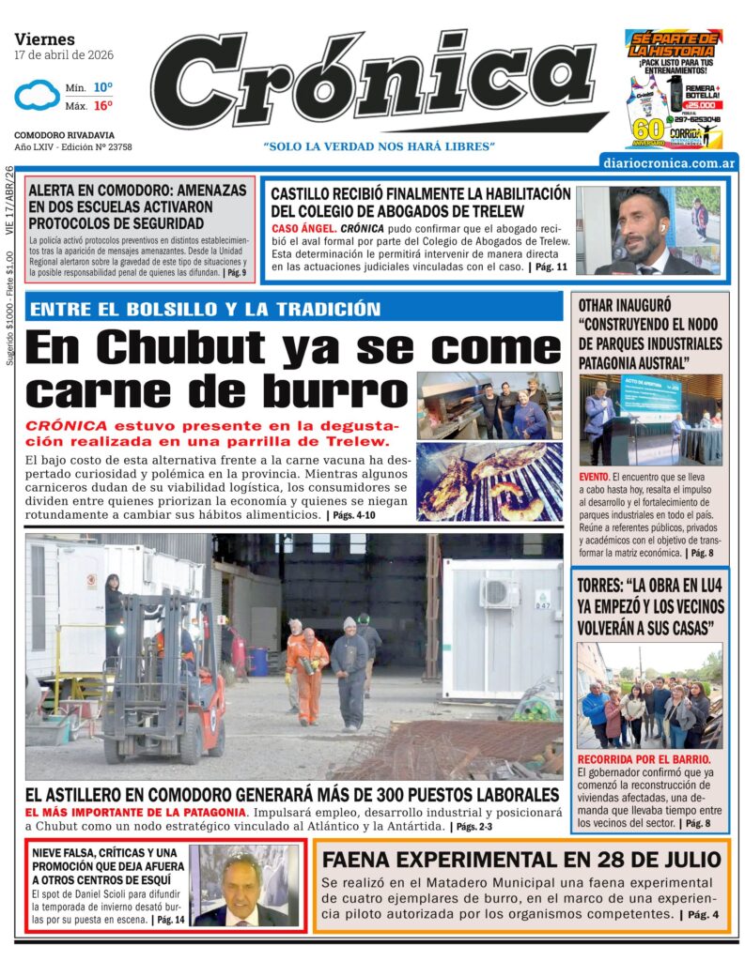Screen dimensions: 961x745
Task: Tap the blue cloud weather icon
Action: pos(37,96)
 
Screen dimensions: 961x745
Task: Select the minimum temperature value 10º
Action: pos(102,87)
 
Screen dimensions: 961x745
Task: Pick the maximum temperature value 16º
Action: pos(102,106)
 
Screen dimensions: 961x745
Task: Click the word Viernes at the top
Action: pos(44,39)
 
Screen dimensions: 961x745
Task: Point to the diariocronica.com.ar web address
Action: pos(670,163)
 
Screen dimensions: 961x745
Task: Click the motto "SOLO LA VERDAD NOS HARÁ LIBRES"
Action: pos(379,146)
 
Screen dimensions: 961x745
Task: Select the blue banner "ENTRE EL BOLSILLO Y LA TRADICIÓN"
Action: pos(205,310)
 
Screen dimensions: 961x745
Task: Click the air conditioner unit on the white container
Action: pos(499,593)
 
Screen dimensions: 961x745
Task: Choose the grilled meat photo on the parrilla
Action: pos(489,480)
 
